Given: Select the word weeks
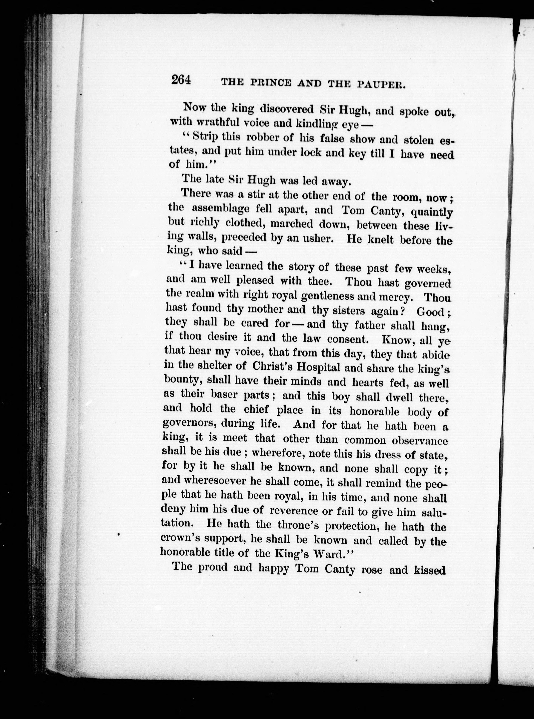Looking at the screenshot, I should coord(434,269).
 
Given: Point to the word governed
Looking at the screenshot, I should coord(427,284).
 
